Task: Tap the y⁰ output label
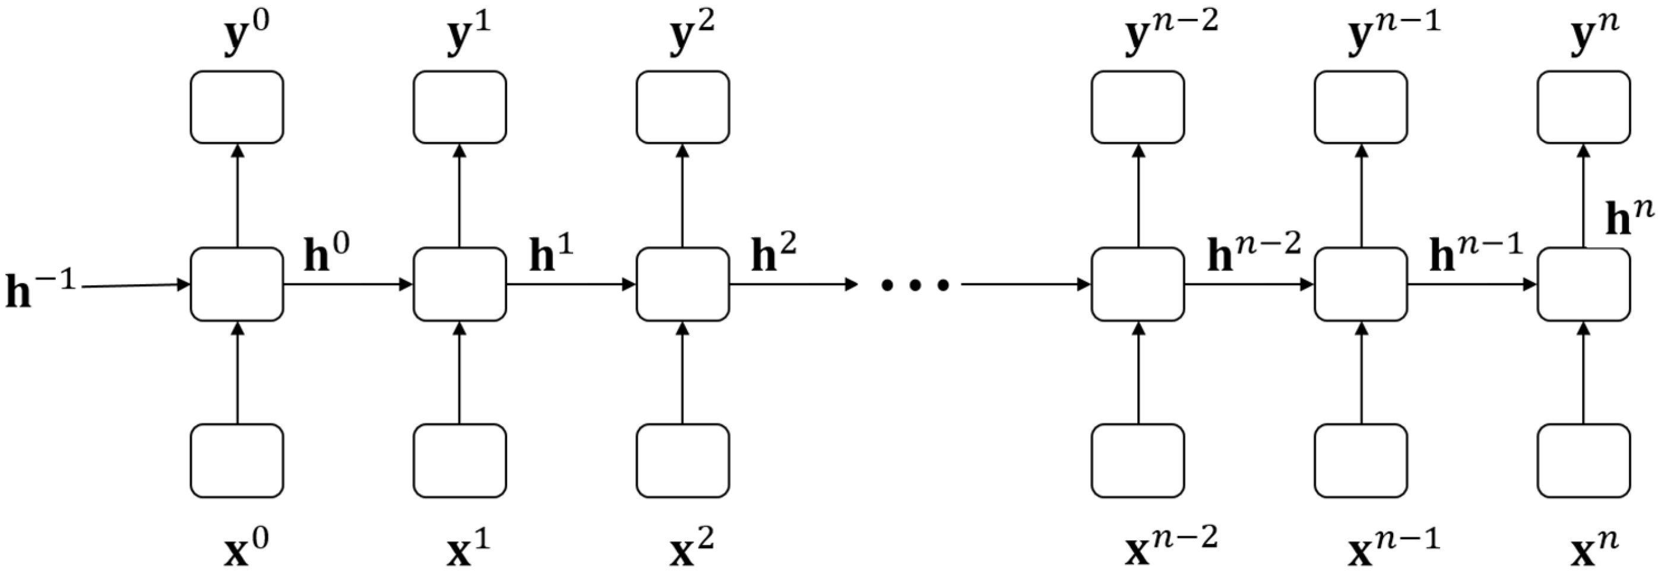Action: (x=246, y=33)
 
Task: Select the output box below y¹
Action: (x=460, y=107)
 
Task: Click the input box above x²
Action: (x=683, y=460)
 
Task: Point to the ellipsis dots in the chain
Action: (x=915, y=284)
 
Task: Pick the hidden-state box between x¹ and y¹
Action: (x=460, y=284)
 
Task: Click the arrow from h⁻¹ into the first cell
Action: (x=135, y=285)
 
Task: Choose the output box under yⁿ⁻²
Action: (x=1138, y=107)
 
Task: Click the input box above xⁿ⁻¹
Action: (x=1361, y=460)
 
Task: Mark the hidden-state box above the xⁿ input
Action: (x=1584, y=284)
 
